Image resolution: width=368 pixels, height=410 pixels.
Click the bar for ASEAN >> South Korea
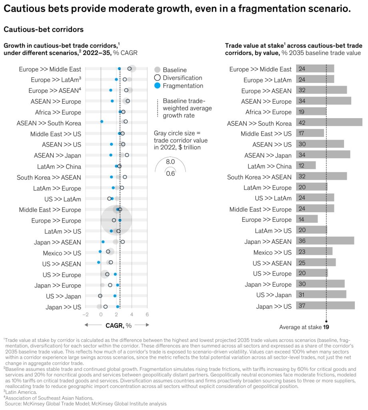[329, 123]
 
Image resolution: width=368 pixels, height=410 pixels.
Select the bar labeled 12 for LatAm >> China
[306, 166]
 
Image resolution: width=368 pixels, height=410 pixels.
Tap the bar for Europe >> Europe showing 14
[306, 219]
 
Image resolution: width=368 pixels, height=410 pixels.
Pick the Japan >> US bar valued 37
[325, 306]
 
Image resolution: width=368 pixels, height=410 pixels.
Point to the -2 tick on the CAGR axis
[85, 315]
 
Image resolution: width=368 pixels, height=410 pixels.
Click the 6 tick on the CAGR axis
[147, 315]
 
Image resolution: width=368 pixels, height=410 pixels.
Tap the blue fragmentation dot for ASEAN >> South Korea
[101, 121]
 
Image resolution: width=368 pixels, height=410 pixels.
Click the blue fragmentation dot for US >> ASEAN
[99, 262]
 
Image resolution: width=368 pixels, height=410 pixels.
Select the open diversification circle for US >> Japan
[100, 296]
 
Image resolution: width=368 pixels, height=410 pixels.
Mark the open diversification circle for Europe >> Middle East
[129, 68]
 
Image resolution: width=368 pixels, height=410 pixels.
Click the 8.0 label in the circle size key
[170, 162]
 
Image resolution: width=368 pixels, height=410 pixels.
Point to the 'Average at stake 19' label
[304, 327]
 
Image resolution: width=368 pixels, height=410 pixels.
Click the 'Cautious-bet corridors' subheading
[43, 29]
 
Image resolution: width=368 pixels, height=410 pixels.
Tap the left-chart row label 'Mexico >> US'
[62, 253]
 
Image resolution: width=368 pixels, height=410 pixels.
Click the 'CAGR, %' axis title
[118, 326]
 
